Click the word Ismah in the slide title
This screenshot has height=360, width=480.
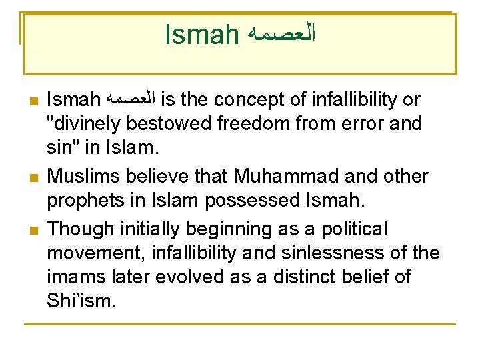click(x=201, y=34)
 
